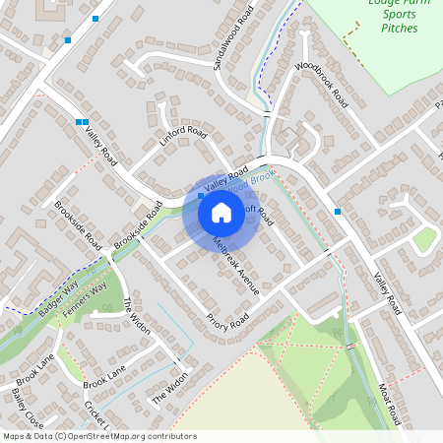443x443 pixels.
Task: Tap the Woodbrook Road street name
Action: [x=323, y=85]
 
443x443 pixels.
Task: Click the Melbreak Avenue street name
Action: [x=234, y=265]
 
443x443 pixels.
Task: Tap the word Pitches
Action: [x=399, y=29]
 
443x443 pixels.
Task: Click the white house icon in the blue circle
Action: [x=221, y=212]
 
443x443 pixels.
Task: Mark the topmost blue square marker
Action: [x=95, y=19]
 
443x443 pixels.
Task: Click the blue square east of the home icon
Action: [x=338, y=212]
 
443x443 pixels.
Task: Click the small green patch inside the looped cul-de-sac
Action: [x=424, y=239]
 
